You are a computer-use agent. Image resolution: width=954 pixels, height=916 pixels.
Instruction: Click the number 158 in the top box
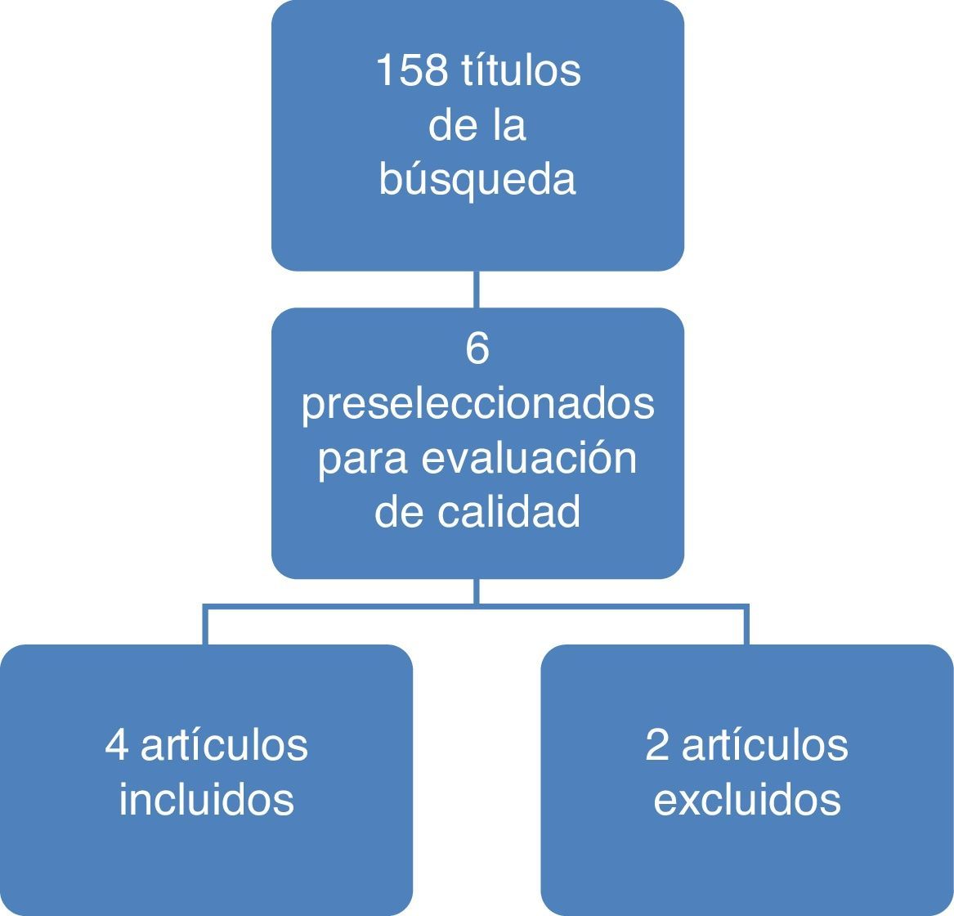(410, 71)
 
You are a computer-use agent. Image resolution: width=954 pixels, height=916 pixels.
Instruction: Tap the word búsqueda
(477, 180)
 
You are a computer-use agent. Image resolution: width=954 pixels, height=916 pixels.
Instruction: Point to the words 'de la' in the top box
(477, 126)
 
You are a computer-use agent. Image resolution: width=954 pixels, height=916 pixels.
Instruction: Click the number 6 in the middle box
(477, 349)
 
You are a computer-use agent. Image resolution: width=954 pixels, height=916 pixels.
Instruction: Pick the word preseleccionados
(477, 404)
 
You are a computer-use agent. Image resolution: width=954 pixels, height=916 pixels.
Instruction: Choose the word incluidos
(206, 799)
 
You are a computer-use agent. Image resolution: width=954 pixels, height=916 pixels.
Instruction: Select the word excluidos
(747, 799)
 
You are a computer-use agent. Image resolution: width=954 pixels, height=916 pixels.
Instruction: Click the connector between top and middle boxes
(477, 290)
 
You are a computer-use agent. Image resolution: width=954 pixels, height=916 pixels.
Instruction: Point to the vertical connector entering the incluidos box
(205, 626)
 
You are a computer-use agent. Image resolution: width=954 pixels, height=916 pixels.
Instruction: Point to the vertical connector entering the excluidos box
(746, 626)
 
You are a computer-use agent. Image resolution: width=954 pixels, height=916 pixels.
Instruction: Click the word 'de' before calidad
(396, 512)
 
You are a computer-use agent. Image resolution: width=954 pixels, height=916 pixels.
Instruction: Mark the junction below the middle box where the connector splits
(477, 606)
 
